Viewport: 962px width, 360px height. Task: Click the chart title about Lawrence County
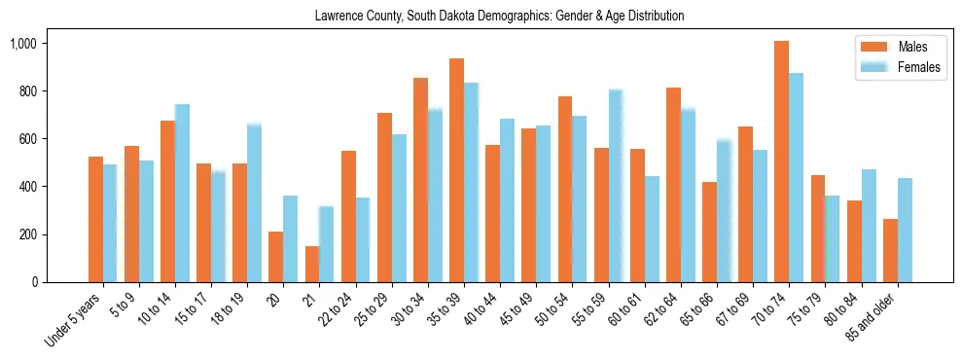coord(499,16)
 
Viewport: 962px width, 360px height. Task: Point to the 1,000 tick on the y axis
coord(36,44)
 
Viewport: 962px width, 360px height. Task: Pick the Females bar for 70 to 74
coord(796,178)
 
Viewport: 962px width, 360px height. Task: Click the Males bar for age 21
coord(312,264)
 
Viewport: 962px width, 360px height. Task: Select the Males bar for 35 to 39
coord(456,170)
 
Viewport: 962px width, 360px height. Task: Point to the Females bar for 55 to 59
coord(616,186)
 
